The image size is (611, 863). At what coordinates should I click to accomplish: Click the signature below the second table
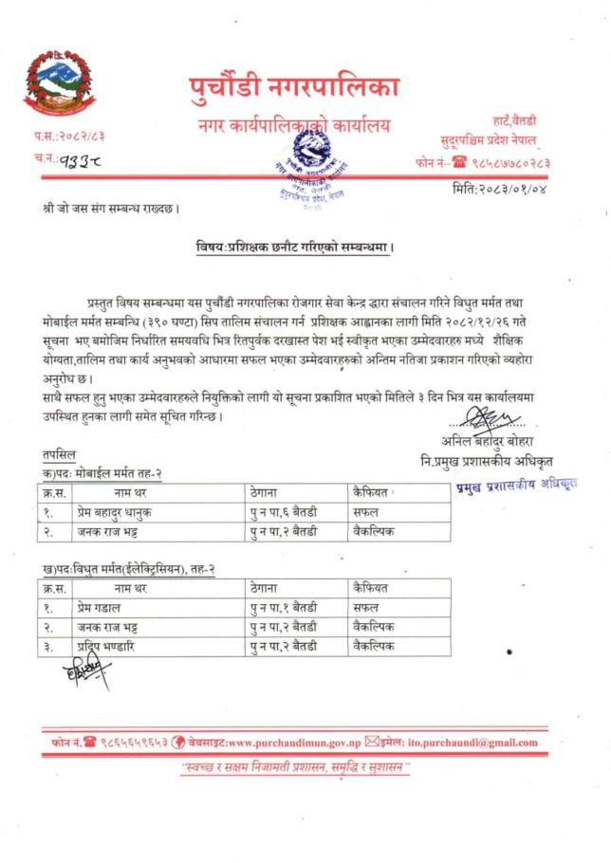coord(86,677)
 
